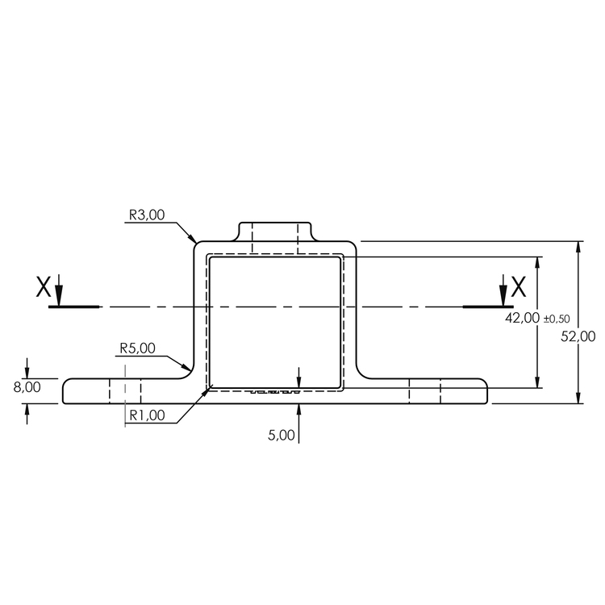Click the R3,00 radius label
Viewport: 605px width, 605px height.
pyautogui.click(x=147, y=215)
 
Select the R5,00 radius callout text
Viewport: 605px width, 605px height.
pyautogui.click(x=137, y=348)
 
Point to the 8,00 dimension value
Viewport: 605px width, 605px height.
pyautogui.click(x=27, y=387)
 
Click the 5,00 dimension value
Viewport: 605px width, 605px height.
pyautogui.click(x=282, y=435)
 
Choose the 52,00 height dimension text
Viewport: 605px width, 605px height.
pyautogui.click(x=578, y=336)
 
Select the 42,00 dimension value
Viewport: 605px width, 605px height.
pyautogui.click(x=522, y=318)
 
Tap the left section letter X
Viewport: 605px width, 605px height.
pyautogui.click(x=44, y=286)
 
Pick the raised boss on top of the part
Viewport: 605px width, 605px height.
pyautogui.click(x=275, y=231)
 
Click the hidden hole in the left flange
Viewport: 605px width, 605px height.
pyautogui.click(x=125, y=391)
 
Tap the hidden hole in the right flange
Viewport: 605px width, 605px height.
pyautogui.click(x=424, y=391)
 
